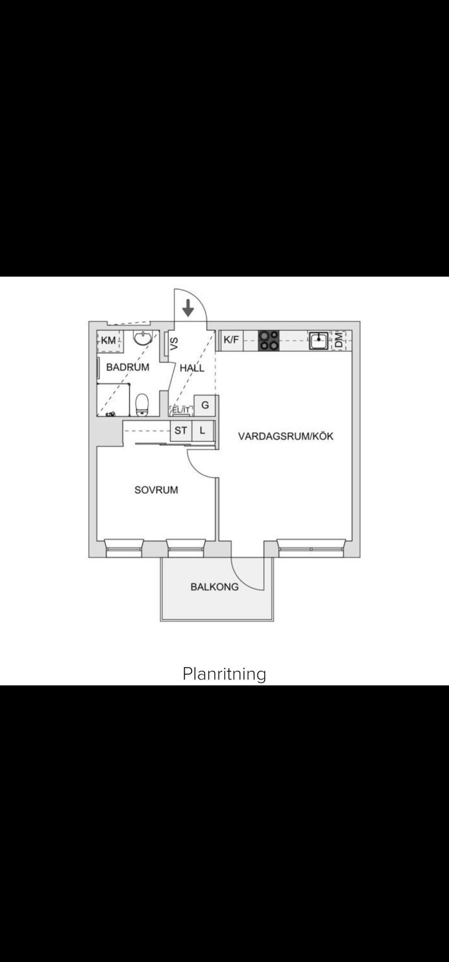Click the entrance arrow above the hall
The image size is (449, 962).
click(188, 308)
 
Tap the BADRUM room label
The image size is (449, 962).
click(128, 367)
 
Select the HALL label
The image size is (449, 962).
click(192, 368)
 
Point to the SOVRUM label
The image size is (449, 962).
click(156, 490)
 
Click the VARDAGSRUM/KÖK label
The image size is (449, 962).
click(286, 436)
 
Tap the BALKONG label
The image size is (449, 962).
click(215, 587)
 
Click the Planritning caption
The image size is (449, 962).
click(224, 674)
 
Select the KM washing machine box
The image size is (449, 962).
click(109, 341)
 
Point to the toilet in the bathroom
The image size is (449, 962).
click(142, 405)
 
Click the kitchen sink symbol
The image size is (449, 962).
click(319, 341)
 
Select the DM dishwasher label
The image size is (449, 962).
click(339, 341)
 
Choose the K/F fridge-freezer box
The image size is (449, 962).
click(231, 341)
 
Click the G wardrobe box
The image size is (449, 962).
click(205, 405)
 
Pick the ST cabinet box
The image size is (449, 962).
click(181, 430)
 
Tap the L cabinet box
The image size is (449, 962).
click(203, 430)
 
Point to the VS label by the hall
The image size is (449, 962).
click(174, 343)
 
